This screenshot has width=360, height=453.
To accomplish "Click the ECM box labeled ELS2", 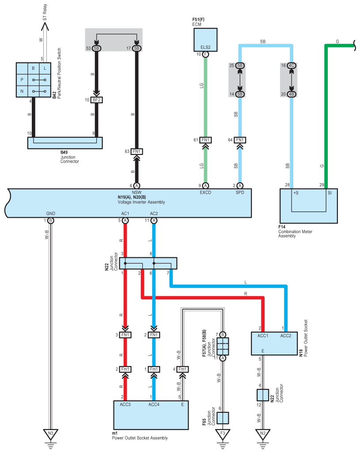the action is (x=205, y=40).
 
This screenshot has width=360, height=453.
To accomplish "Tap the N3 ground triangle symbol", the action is (x=50, y=434).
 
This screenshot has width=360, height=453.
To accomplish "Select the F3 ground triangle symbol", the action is (x=223, y=434).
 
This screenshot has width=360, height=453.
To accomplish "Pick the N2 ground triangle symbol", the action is (x=263, y=434).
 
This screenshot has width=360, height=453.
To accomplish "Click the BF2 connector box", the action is (x=96, y=100).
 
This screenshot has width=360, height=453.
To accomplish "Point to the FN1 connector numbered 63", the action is (x=136, y=151).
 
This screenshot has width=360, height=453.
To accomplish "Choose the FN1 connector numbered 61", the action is (x=205, y=140).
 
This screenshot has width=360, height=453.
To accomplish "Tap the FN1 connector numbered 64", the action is (x=240, y=140).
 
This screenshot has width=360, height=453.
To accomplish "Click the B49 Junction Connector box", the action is (x=65, y=143).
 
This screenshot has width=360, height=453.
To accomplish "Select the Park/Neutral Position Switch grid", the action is (x=33, y=80).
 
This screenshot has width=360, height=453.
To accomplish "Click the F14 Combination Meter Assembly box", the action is (x=309, y=206).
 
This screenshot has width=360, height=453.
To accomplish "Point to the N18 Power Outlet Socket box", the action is (x=274, y=344).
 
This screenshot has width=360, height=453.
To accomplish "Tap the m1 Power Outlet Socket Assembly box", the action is (x=151, y=415).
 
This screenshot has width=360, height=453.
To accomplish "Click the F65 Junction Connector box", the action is (x=223, y=418).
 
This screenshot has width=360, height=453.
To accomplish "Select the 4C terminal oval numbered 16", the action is (x=292, y=66).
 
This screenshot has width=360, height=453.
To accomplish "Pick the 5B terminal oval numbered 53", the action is (x=96, y=48).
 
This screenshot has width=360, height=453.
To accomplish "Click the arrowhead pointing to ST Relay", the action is (x=45, y=26).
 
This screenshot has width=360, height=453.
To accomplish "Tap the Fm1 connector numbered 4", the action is (x=182, y=369).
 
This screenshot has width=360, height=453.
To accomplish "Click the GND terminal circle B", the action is (x=50, y=221).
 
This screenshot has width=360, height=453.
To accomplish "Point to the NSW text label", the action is (x=136, y=193).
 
